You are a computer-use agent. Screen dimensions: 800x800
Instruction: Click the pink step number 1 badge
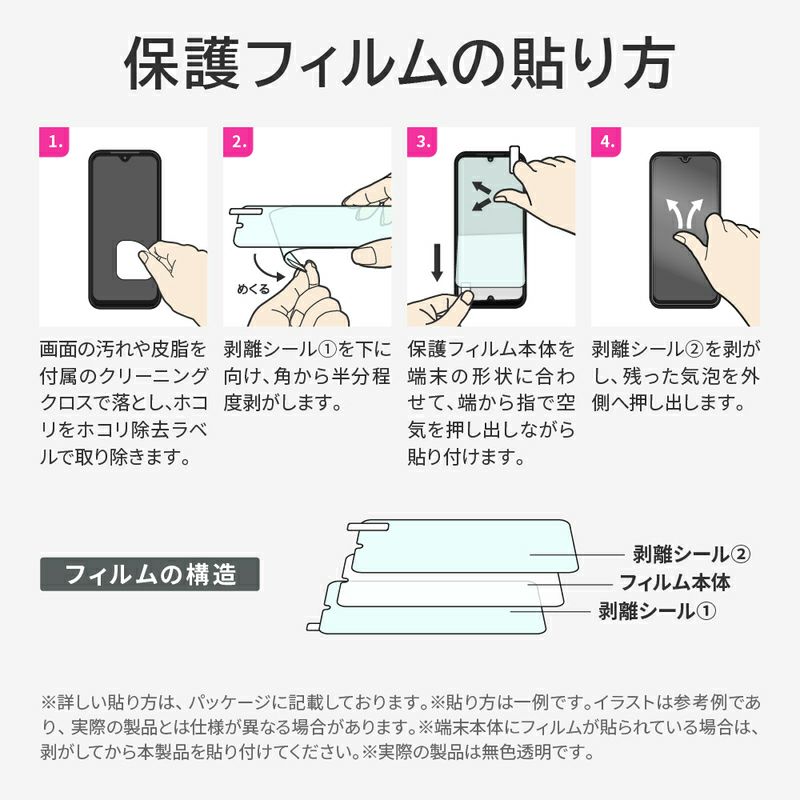pos(54,141)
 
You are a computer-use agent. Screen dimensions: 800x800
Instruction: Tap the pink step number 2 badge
pos(238,141)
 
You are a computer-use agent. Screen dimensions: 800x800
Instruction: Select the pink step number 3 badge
pos(422,141)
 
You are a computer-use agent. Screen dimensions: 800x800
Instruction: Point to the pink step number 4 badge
pos(606,141)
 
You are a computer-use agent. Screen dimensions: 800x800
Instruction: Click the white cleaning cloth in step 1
pos(132,260)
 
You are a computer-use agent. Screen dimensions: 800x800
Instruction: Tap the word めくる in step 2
pos(253,289)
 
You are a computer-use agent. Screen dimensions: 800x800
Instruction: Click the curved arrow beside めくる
pos(266,268)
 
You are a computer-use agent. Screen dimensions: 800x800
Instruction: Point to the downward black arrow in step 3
pos(437,262)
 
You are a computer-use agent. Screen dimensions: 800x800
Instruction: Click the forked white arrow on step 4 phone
pos(684,213)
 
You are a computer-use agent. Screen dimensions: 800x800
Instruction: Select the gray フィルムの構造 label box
pos(149,574)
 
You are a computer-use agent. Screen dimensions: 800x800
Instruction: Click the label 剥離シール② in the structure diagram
pos(691,554)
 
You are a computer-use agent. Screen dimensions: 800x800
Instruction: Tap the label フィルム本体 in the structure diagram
pos(674,582)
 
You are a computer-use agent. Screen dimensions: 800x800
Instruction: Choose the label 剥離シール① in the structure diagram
pos(657,611)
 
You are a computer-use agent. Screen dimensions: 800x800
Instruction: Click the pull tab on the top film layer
pos(368,527)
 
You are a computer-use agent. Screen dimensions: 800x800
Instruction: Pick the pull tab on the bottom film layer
pos(315,627)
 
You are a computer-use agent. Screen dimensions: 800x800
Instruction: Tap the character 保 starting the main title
pos(152,63)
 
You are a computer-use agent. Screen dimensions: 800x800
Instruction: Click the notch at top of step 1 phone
pos(124,159)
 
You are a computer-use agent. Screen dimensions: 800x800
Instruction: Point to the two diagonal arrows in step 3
pos(481,196)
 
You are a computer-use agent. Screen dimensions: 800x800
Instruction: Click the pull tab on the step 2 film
pos(246,211)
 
